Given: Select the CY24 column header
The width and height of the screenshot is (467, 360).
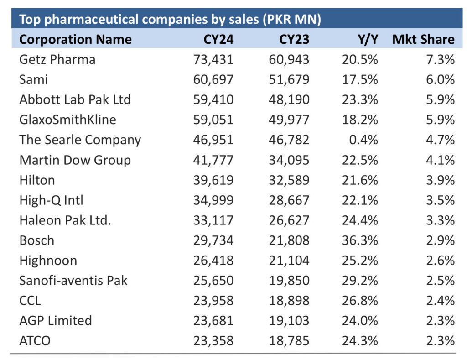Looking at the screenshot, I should pyautogui.click(x=218, y=40).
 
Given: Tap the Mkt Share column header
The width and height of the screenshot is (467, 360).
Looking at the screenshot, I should pyautogui.click(x=423, y=40).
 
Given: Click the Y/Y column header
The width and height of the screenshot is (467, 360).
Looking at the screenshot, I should pyautogui.click(x=367, y=40).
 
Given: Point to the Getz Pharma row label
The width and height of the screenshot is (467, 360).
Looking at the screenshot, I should pyautogui.click(x=57, y=60).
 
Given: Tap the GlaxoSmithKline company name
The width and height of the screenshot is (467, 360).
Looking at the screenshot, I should pyautogui.click(x=67, y=120).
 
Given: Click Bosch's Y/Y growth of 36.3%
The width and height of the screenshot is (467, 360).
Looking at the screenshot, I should pyautogui.click(x=359, y=240).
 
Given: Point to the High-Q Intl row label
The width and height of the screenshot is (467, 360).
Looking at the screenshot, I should pyautogui.click(x=51, y=200).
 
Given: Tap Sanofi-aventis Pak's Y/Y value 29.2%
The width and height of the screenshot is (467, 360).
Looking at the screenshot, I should pyautogui.click(x=359, y=281).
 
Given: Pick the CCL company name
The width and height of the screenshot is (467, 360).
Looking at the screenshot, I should pyautogui.click(x=30, y=301).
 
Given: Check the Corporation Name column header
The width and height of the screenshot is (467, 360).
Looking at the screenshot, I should pyautogui.click(x=75, y=40).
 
